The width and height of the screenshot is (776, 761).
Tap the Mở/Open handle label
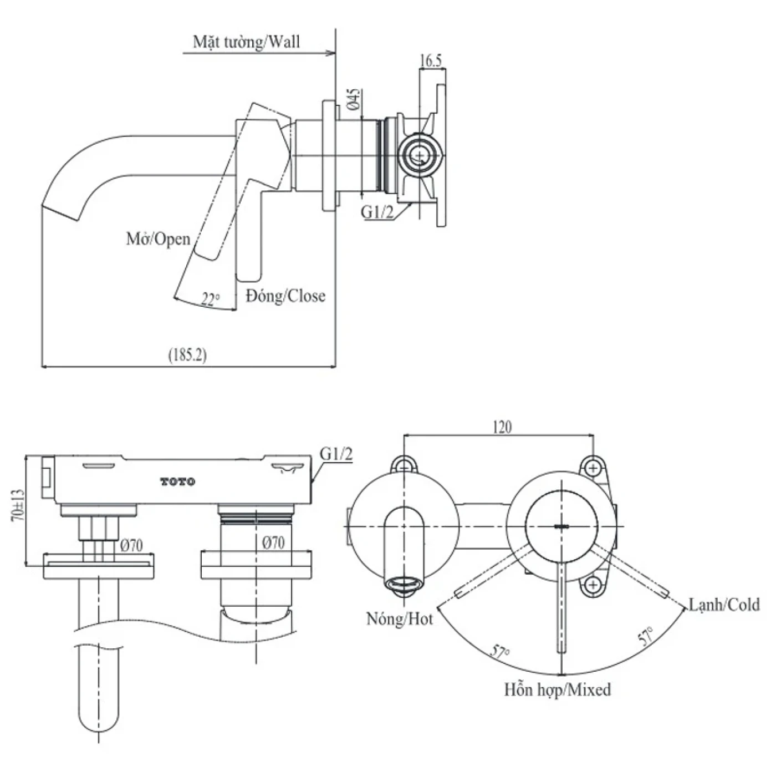(158, 239)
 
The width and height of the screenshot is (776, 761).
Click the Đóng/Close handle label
(285, 296)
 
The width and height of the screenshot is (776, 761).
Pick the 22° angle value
(210, 300)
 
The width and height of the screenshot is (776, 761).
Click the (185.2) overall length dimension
(187, 354)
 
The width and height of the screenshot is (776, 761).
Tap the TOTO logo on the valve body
(178, 482)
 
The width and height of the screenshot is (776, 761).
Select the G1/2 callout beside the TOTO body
(336, 454)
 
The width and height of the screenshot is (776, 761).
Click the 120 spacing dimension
(501, 427)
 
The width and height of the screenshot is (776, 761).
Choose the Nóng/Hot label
(399, 618)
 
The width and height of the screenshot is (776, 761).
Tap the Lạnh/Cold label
(723, 604)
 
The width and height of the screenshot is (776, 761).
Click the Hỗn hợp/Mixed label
(557, 689)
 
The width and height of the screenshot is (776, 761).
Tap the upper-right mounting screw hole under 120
(593, 468)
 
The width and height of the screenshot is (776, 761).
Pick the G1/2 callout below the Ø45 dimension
(377, 212)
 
